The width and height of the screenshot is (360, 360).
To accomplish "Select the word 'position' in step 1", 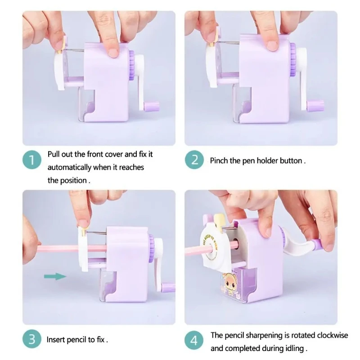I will (x=74, y=181).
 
